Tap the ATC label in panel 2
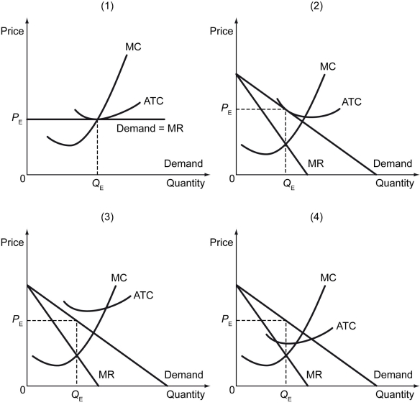coord(352,101)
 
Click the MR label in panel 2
coord(314,163)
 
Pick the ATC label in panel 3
coord(142,295)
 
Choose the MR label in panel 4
coord(314,374)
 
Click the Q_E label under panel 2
coord(286,183)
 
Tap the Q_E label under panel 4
coord(286,394)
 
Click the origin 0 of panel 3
coord(23,390)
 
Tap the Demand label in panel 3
coord(183,375)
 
